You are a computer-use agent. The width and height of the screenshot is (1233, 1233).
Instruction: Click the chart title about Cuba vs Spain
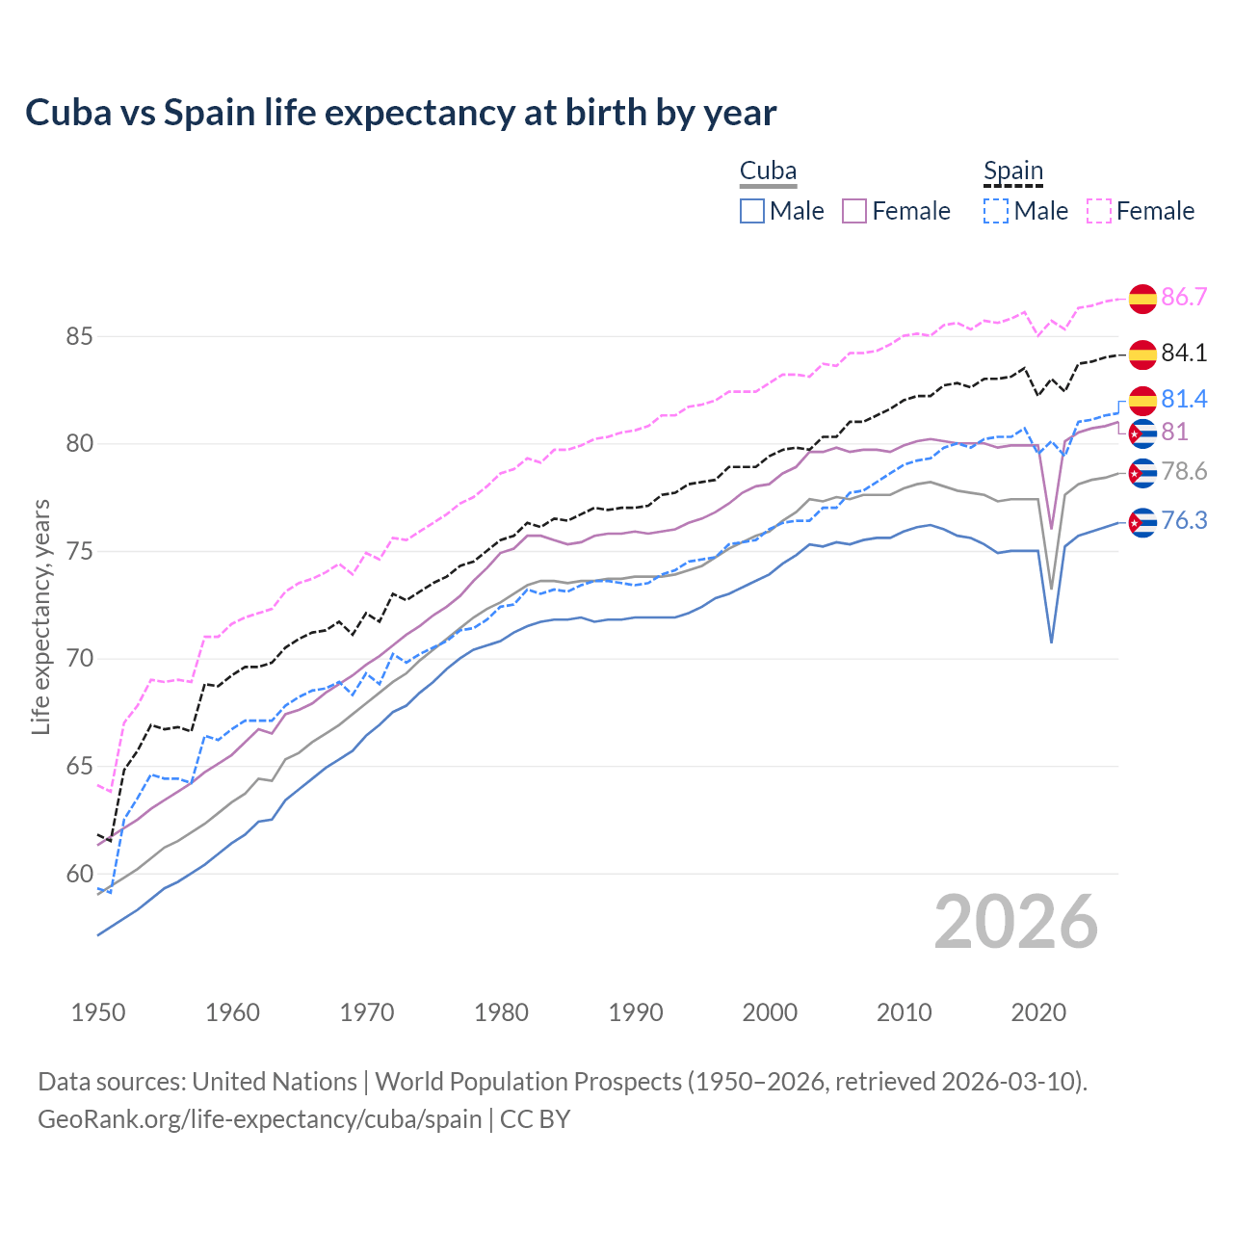tap(401, 113)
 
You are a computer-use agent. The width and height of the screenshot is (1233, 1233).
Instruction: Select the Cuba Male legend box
tap(752, 211)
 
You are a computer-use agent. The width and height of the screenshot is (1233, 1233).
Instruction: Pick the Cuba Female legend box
tap(854, 211)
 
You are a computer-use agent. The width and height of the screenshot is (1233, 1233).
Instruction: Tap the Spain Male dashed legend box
tap(996, 211)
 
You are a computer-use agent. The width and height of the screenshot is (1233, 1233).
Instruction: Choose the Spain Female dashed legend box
tap(1098, 211)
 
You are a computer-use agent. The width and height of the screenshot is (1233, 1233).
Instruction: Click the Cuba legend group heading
tap(768, 171)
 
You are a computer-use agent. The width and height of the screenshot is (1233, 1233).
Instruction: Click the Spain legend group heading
tap(1012, 171)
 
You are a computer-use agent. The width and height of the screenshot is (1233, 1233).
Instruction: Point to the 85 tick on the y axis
tap(79, 337)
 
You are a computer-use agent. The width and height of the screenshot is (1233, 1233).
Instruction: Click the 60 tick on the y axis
tap(79, 875)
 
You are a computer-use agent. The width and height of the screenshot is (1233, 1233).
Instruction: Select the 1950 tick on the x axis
tap(98, 1012)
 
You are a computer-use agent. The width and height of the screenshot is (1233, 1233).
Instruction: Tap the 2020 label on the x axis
tap(1038, 1012)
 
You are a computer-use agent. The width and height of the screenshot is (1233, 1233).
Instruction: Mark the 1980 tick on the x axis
tap(501, 1012)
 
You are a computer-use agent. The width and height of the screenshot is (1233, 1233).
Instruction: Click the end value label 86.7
tap(1184, 297)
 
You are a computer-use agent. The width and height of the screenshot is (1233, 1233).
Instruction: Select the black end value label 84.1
tap(1184, 354)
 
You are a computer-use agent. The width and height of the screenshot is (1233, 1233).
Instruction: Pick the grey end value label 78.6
tap(1184, 471)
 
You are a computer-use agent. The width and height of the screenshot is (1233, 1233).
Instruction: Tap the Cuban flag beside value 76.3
tap(1142, 522)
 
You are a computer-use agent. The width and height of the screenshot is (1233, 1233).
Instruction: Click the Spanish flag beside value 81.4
tap(1142, 401)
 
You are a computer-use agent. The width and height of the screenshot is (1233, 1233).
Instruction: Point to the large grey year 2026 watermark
tap(1015, 922)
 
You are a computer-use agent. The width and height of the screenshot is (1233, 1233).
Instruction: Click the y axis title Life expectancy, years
tap(40, 616)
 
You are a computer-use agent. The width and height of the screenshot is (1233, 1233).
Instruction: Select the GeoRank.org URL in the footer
tap(259, 1119)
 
